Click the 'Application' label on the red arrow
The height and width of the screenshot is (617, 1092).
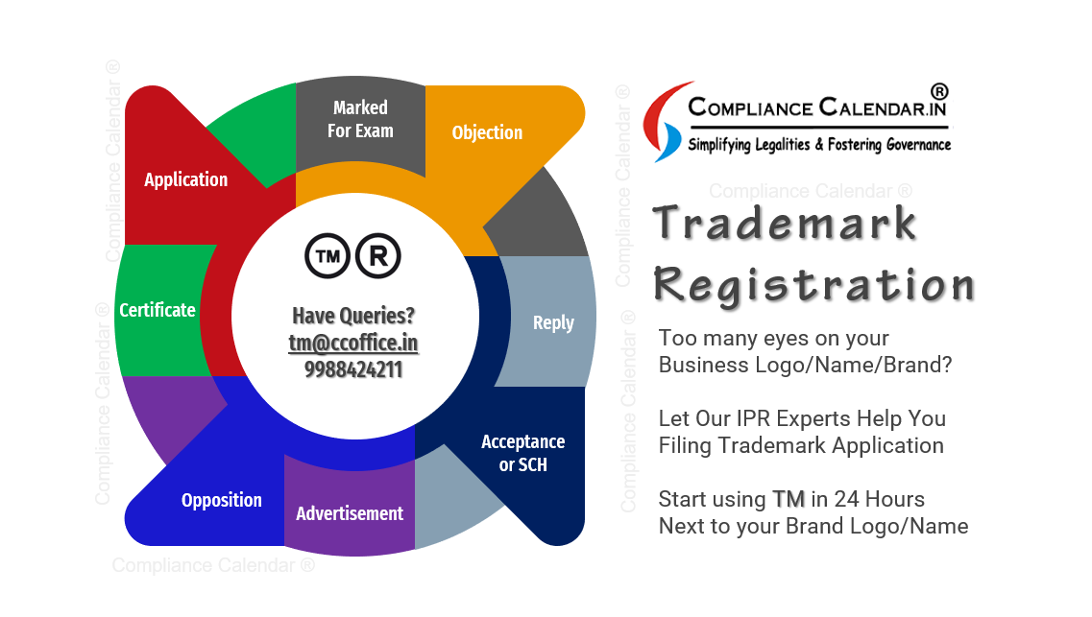(186, 179)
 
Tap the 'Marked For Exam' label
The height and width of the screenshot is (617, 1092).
(360, 119)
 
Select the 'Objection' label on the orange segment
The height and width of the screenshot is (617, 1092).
(487, 132)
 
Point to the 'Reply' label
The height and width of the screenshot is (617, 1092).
(553, 322)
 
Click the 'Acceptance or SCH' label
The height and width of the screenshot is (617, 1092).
(523, 453)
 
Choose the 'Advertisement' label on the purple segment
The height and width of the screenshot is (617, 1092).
(350, 513)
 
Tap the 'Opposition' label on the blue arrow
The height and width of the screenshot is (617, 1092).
(222, 500)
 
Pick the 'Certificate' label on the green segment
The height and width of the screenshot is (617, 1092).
(158, 310)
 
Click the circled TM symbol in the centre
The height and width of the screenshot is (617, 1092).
(328, 256)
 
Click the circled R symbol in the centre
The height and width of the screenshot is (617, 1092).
(378, 256)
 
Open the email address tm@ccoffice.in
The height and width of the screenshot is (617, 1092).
(353, 343)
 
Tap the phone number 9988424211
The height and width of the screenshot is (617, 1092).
(353, 369)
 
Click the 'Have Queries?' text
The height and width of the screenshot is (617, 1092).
(353, 316)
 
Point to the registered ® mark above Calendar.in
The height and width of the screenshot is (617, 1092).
(939, 91)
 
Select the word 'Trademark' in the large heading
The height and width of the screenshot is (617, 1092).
(785, 223)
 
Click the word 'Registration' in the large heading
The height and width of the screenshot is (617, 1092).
(814, 285)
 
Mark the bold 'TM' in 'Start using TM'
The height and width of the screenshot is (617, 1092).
(789, 499)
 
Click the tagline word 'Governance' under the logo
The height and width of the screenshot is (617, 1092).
(918, 145)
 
